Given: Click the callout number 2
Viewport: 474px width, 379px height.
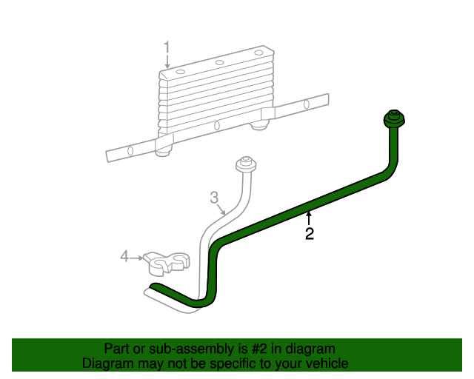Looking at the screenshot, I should pos(310,235).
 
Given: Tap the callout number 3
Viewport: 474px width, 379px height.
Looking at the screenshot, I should pos(214,198).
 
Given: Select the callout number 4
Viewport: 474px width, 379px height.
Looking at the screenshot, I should pos(124,257).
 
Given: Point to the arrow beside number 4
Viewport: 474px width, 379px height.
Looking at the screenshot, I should pos(136,257).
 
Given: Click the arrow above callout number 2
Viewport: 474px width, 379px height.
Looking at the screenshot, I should pos(310,218).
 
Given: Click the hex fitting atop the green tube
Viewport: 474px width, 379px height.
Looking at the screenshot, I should pos(393,119).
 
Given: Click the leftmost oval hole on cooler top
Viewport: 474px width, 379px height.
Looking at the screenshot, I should pos(180,71).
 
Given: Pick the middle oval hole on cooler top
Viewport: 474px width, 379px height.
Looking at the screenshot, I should pos(219,62).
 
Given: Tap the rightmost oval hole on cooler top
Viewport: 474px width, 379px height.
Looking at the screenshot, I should pos(258,53).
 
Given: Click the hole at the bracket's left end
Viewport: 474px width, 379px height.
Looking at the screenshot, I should pos(130,150).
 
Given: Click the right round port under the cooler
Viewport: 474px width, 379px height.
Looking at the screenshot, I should pos(258,125).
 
